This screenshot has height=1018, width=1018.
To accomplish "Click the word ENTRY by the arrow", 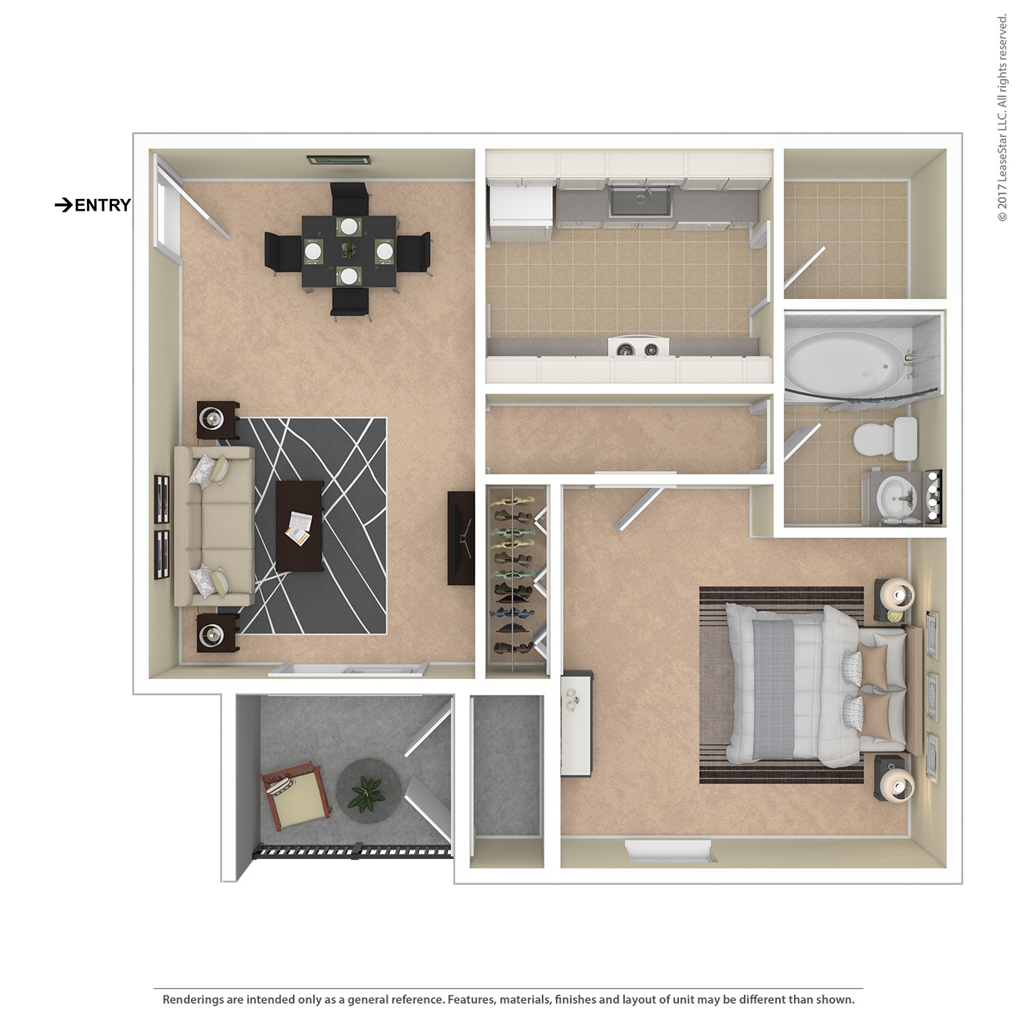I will [x=103, y=205].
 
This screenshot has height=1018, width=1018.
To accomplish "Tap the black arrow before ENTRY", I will [x=63, y=205].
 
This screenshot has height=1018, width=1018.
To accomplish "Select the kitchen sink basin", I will [x=641, y=201].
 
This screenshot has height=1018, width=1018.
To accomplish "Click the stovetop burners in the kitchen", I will [x=638, y=348].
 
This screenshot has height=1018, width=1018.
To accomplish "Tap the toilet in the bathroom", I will [x=885, y=439].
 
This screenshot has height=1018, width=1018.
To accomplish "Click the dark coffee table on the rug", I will [x=300, y=525].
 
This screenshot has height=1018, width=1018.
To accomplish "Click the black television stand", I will [x=460, y=538].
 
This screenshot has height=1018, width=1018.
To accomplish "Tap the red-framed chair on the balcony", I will [x=295, y=799].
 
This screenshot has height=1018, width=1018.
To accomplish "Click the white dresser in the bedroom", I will [x=577, y=721].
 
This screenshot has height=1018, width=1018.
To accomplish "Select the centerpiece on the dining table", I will [x=347, y=251].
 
